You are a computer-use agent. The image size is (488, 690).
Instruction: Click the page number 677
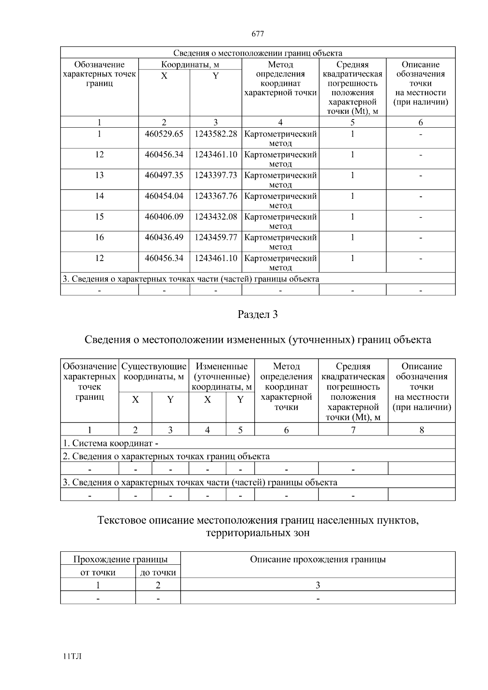tap(258, 34)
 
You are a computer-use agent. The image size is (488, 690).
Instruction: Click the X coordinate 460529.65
tap(164, 134)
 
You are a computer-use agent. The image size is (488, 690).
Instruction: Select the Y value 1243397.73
tap(216, 175)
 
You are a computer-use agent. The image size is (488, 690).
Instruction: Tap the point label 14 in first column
tap(99, 196)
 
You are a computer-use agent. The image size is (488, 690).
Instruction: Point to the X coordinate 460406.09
tap(164, 217)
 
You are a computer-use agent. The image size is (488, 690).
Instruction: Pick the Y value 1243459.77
tap(216, 237)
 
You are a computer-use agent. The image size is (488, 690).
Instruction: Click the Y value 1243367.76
tap(216, 196)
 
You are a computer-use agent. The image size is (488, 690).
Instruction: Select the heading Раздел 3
tap(258, 314)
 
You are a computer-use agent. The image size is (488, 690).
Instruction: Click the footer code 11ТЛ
tap(72, 657)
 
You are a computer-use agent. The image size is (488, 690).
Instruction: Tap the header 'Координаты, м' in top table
tap(190, 65)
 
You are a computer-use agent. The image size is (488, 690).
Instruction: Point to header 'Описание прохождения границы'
tap(318, 559)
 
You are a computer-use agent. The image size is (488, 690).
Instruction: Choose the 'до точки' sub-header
tap(158, 572)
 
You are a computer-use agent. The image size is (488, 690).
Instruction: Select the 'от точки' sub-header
tap(98, 572)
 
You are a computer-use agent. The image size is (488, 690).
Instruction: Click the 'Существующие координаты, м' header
tap(154, 372)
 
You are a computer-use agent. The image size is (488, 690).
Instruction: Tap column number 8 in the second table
tap(422, 430)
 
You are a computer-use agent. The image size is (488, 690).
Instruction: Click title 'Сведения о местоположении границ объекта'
tap(258, 53)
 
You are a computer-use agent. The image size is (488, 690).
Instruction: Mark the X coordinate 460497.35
tap(164, 175)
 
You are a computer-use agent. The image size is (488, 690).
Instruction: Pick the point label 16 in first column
tap(99, 237)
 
